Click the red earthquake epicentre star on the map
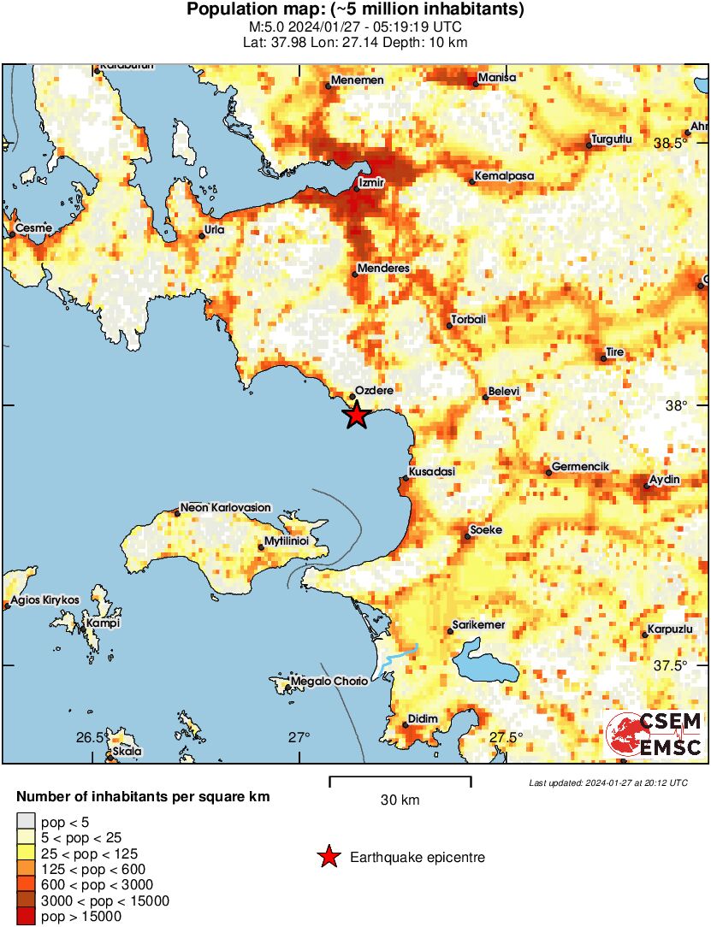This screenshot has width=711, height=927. tap(356, 416)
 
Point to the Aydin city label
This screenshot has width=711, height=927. tap(664, 480)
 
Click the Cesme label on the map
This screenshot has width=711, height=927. tap(33, 228)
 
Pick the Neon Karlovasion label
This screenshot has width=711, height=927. tap(225, 507)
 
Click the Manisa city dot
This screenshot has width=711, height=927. tap(477, 83)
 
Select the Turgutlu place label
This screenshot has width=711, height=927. tap(611, 139)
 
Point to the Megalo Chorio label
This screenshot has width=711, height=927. tap(329, 682)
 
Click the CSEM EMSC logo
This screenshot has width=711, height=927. tap(654, 734)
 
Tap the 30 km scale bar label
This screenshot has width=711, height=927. tap(400, 800)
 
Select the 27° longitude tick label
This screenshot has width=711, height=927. tap(298, 737)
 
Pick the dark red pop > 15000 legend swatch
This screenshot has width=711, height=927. tap(27, 917)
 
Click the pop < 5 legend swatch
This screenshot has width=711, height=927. tap(27, 823)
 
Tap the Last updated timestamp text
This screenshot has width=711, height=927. tap(607, 782)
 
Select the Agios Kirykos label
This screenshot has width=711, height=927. tap(44, 600)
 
